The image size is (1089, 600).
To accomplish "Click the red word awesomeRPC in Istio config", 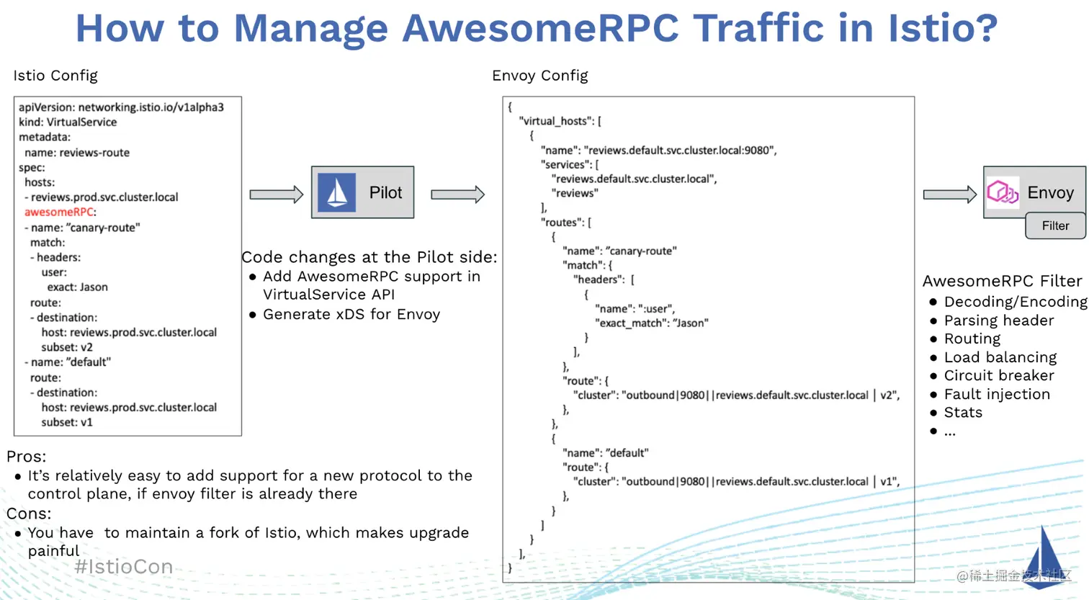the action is tap(59, 212).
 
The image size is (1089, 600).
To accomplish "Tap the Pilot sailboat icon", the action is tap(337, 192).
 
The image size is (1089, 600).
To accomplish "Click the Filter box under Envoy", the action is tap(1055, 225).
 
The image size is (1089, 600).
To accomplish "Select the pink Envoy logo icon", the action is tap(1003, 192).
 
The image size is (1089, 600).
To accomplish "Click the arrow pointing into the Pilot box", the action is tap(276, 194).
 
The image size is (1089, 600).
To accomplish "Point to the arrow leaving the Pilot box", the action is tap(457, 194).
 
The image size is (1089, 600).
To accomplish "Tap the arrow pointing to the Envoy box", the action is tap(949, 194).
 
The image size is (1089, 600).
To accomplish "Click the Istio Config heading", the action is tap(55, 76).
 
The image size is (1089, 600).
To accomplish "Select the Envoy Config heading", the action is tap(540, 76).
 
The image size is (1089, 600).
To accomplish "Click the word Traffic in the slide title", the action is tap(758, 28).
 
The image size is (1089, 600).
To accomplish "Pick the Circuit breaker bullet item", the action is tap(998, 375).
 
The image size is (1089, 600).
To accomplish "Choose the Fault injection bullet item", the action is tap(997, 394).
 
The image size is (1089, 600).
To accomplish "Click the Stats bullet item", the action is tap(963, 412).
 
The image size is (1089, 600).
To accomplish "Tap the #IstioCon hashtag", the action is tap(124, 567).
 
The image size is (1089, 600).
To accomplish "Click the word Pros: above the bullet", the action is tap(27, 456).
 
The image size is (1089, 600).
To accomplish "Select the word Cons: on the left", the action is tap(29, 514).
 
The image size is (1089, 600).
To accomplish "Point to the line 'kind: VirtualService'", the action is tap(68, 122).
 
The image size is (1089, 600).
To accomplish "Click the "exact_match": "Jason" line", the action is tap(651, 323).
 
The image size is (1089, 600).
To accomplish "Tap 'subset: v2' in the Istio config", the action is tap(67, 347).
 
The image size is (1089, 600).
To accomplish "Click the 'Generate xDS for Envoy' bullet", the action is tap(351, 314).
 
